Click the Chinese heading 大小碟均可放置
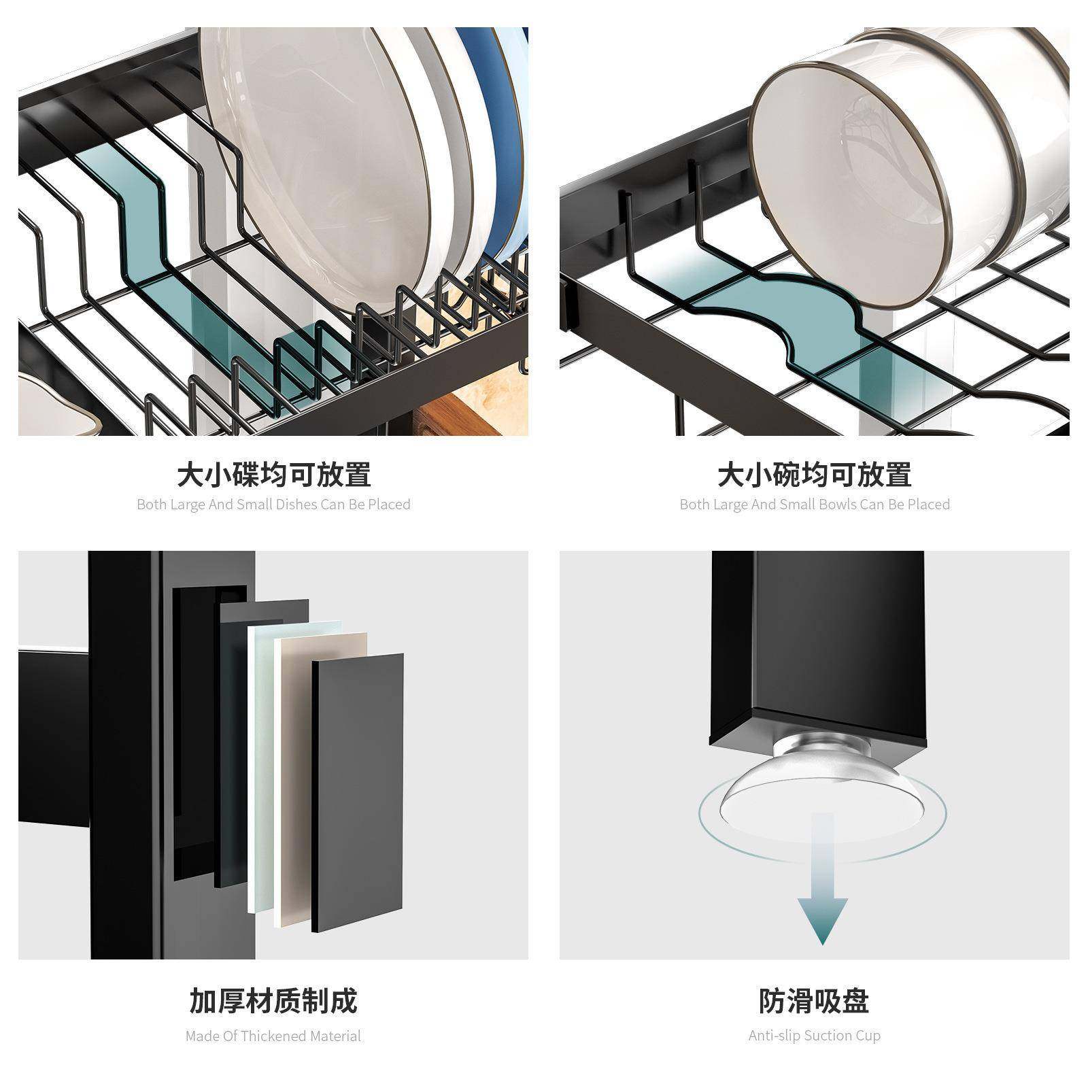click(273, 475)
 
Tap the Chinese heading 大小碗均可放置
click(814, 475)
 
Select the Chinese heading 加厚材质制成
click(273, 1001)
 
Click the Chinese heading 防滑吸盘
click(814, 1001)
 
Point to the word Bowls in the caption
click(838, 505)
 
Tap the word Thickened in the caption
click(274, 1036)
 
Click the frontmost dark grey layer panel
click(358, 789)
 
